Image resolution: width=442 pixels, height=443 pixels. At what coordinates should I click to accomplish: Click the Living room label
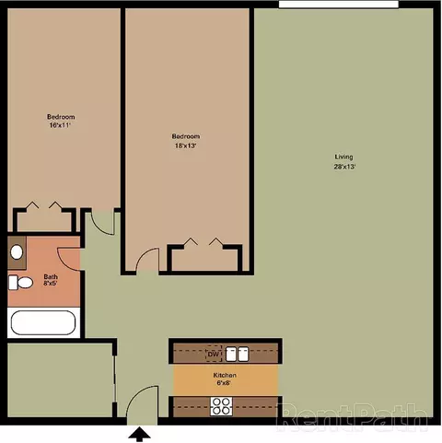point(343,157)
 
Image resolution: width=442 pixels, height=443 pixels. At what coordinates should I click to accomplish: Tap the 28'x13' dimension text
point(344,167)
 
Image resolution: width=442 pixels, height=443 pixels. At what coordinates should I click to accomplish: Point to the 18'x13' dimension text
point(185,146)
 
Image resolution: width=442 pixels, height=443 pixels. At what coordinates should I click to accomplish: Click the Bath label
point(51,276)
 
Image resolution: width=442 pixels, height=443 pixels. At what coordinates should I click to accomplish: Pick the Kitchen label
point(225,375)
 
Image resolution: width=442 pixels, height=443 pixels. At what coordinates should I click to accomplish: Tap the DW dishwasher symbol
point(214,354)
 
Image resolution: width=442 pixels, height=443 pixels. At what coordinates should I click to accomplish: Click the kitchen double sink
point(238,354)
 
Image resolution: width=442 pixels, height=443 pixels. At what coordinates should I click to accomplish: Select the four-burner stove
point(221,406)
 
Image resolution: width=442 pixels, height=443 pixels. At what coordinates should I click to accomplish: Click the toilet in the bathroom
point(20,283)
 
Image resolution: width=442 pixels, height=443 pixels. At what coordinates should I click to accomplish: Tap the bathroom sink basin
point(17,252)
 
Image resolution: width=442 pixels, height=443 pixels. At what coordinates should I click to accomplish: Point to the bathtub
point(43,322)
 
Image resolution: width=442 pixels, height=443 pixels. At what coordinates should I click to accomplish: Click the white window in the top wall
point(339,5)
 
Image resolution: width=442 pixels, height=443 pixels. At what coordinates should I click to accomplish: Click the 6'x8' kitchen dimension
point(224,383)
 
